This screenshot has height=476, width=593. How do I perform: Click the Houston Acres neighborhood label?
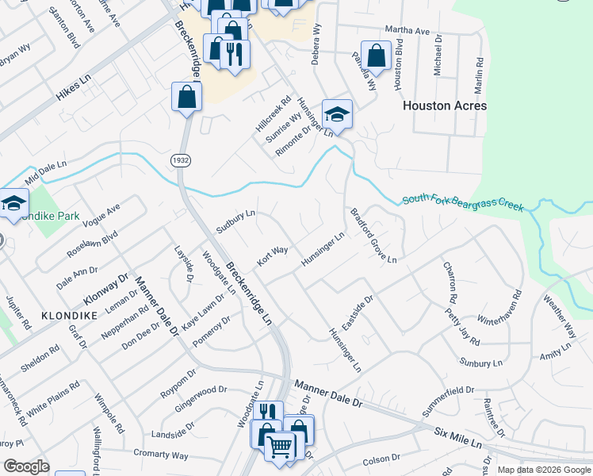[x=445, y=106]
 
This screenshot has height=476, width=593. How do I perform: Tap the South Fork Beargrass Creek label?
[x=463, y=203]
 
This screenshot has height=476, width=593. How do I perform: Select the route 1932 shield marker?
[x=179, y=160]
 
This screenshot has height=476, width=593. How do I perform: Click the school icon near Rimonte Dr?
[x=337, y=115]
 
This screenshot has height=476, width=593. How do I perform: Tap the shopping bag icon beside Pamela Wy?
[x=376, y=56]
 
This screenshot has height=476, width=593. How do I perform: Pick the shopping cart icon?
[x=279, y=447]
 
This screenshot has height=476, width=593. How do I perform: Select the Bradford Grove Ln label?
[x=373, y=235]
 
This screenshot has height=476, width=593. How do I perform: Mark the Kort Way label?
[x=272, y=255]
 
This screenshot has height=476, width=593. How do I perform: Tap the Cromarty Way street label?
[x=161, y=455]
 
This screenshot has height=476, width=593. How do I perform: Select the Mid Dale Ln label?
[x=46, y=169]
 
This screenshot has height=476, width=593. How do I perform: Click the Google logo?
[x=26, y=466]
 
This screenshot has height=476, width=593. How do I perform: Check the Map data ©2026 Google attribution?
[x=543, y=470]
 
